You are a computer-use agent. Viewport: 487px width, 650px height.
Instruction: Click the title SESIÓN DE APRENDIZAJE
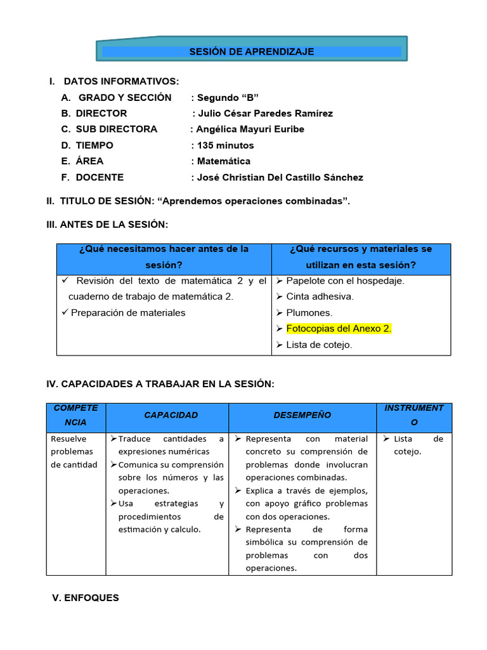coord(251,51)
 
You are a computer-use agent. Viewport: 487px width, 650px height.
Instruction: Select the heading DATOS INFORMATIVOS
coord(121,81)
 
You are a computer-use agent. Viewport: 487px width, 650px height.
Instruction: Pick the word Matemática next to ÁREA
coord(224,161)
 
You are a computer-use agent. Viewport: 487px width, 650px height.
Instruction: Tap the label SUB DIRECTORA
coord(116,129)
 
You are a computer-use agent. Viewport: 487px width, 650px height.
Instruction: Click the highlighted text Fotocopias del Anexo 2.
coord(339,329)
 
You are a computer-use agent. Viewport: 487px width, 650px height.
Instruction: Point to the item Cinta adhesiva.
coord(320,296)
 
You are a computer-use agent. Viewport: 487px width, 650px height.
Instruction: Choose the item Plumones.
coord(309,312)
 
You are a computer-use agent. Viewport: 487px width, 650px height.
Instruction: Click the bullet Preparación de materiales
coord(128,312)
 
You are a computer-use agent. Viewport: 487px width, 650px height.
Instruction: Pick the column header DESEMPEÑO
coord(302,415)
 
